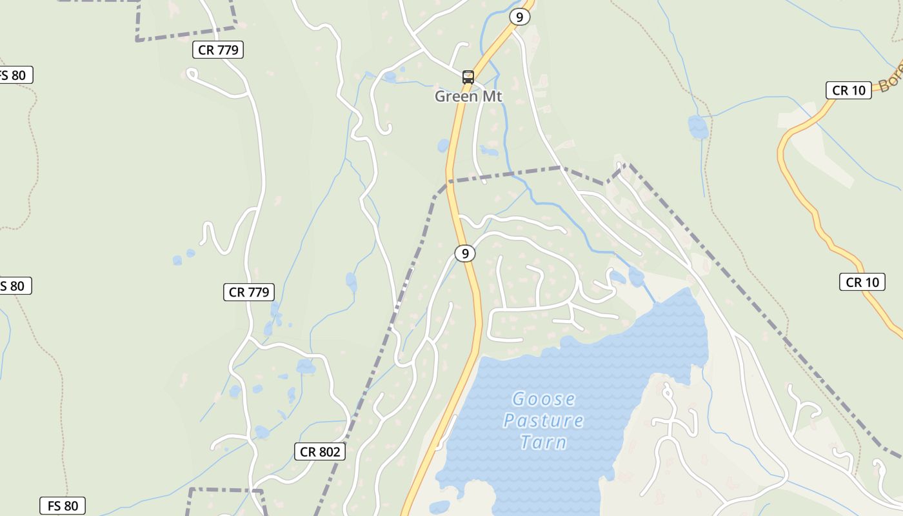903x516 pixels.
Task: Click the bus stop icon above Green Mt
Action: point(468,77)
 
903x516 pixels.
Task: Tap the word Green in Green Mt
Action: point(455,97)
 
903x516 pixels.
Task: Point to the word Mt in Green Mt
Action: point(490,97)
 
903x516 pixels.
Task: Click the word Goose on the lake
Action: point(543,399)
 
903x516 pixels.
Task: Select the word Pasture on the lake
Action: point(543,421)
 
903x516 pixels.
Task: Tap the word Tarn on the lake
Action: point(543,442)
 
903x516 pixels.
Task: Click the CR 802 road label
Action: point(320,451)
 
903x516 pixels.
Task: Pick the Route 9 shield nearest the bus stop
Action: point(519,17)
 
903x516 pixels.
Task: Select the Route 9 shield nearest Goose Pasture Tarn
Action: point(464,253)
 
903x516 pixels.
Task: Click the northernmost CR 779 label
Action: point(219,50)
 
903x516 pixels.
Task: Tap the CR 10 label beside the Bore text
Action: point(848,90)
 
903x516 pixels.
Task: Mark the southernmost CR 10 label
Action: point(862,282)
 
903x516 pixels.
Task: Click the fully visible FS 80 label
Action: point(63,506)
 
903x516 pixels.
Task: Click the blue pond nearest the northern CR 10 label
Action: point(698,127)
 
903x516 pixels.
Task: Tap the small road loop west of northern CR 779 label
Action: point(192,74)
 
